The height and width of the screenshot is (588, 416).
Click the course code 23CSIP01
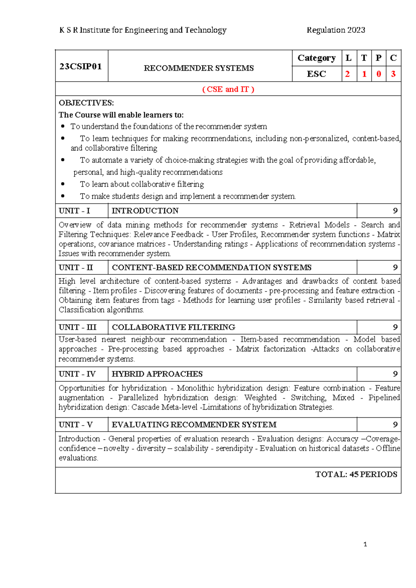click(80, 66)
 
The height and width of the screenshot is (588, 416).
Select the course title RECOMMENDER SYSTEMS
click(199, 68)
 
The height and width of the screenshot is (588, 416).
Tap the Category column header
click(317, 58)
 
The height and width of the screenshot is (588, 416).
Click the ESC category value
click(316, 74)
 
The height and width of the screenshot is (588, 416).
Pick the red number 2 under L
click(347, 74)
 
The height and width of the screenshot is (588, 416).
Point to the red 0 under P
click(379, 74)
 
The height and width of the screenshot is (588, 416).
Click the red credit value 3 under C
click(393, 74)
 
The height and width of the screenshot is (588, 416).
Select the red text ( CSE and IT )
click(228, 90)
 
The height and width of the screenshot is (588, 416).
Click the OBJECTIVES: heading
click(86, 103)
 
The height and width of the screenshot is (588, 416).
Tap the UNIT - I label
click(74, 211)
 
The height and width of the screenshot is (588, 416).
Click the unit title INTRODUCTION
click(145, 211)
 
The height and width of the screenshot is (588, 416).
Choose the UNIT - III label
click(77, 327)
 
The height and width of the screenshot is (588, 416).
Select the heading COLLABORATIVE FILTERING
click(173, 327)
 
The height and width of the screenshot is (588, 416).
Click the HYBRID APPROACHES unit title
click(157, 374)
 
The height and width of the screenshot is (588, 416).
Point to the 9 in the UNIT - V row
click(395, 425)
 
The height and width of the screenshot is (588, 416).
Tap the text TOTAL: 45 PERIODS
click(356, 475)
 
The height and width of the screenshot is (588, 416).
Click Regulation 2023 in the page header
click(336, 30)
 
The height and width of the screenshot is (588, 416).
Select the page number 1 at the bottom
click(365, 544)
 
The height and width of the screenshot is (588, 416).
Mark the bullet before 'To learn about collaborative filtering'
click(63, 184)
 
